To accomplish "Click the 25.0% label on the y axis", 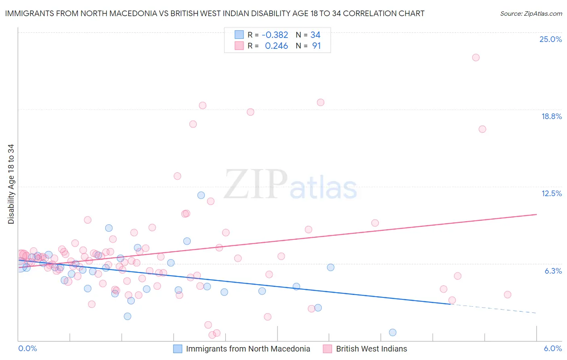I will click(550, 39).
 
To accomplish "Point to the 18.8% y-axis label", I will click(551, 116).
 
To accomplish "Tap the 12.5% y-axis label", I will click(551, 193).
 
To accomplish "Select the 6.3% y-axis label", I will click(553, 271).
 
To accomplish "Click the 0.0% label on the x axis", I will click(27, 348).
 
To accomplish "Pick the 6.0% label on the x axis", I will click(552, 348).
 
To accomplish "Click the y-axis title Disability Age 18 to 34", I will click(11, 184).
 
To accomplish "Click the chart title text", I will click(215, 14).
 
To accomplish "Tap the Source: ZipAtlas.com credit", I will click(531, 14).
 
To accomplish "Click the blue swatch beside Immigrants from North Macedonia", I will click(178, 349).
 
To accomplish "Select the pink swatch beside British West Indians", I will click(327, 349).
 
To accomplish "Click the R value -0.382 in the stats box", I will click(275, 35).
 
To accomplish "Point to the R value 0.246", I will click(276, 46).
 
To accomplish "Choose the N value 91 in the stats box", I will click(316, 46).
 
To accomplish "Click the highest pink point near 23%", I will click(475, 57).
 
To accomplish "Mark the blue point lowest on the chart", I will click(392, 333).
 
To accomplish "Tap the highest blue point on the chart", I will click(201, 195).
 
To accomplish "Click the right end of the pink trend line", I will click(536, 214).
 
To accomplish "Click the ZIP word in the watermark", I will click(256, 184).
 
